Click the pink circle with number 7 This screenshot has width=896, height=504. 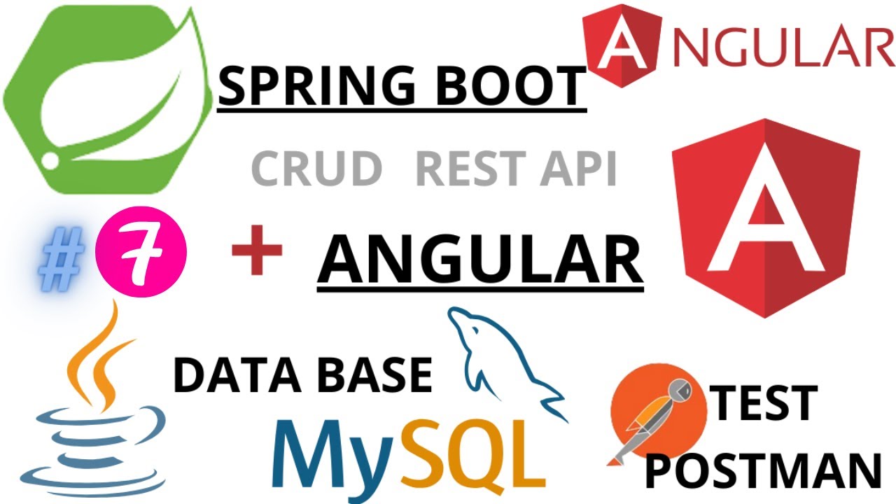(141, 251)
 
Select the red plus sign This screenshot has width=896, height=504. (257, 251)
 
